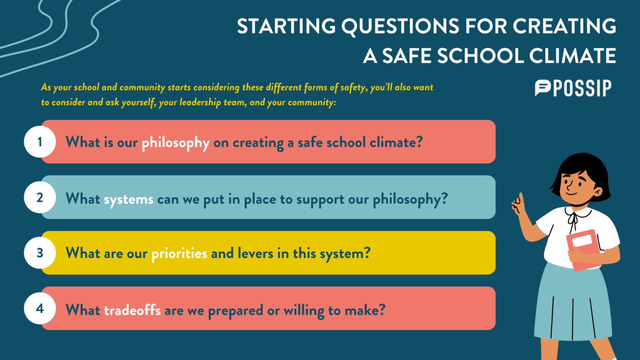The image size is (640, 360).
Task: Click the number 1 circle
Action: [40, 142]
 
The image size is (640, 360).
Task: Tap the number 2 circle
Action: [40, 197]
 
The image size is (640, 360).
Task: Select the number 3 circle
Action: [40, 252]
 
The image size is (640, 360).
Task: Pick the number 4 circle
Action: [40, 308]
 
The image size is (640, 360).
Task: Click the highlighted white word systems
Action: [129, 200]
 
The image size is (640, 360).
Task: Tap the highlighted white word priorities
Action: [179, 253]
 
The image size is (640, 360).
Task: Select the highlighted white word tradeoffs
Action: [132, 310]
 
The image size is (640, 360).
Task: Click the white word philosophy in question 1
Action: [175, 143]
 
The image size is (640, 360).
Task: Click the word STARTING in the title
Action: [286, 26]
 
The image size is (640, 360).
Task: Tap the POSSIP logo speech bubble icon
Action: [542, 88]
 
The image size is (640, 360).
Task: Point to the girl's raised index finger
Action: [520, 199]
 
